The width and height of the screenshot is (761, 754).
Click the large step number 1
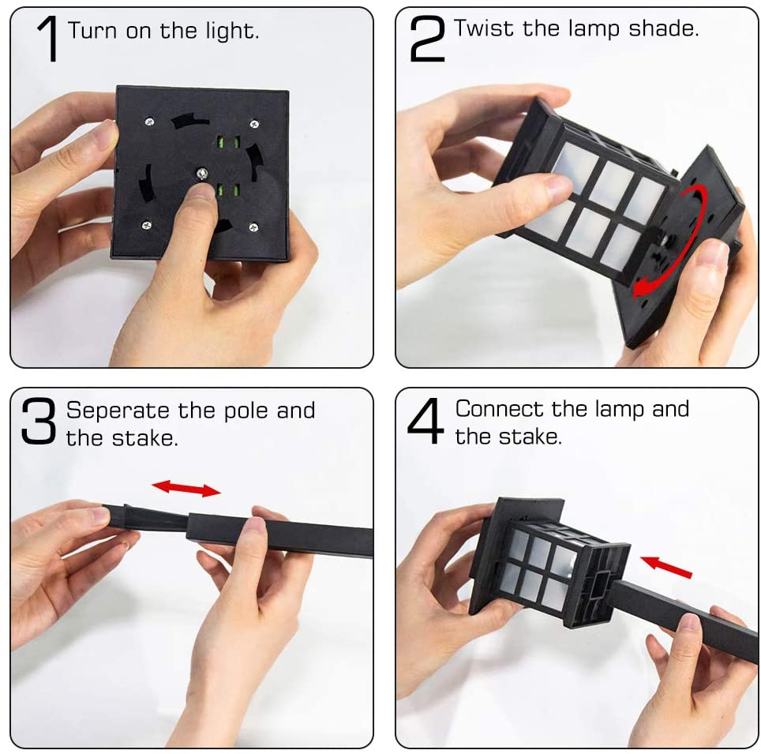coord(48,39)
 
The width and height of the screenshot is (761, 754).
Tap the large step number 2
coord(427,39)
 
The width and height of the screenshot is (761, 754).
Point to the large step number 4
coord(427,422)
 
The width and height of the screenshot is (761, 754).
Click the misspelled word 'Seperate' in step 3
coord(118,411)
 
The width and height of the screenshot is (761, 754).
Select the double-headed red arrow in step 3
coord(186,488)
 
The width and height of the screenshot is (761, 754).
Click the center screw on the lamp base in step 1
coord(202,173)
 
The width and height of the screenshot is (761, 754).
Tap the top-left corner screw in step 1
coord(148,121)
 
